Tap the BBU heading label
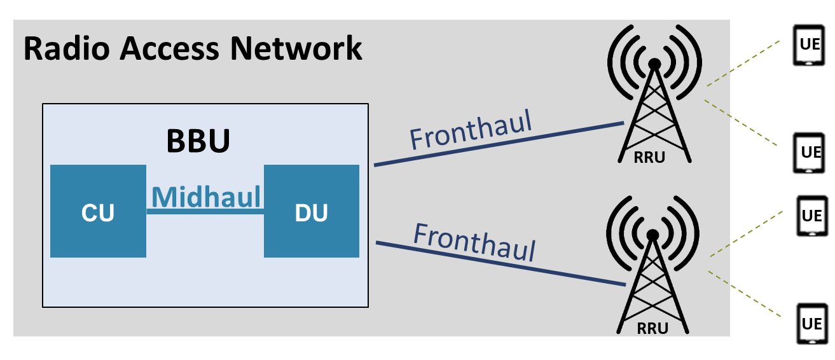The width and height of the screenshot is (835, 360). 198,142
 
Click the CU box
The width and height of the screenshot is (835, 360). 98,212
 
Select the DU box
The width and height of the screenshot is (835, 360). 312,212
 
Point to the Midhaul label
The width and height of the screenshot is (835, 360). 205,197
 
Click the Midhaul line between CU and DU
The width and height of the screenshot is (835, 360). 205,212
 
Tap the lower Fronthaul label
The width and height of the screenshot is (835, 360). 474,242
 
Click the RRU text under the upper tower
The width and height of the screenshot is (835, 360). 649,158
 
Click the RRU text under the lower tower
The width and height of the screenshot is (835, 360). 652,329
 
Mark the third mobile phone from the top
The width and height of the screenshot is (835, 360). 811,217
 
